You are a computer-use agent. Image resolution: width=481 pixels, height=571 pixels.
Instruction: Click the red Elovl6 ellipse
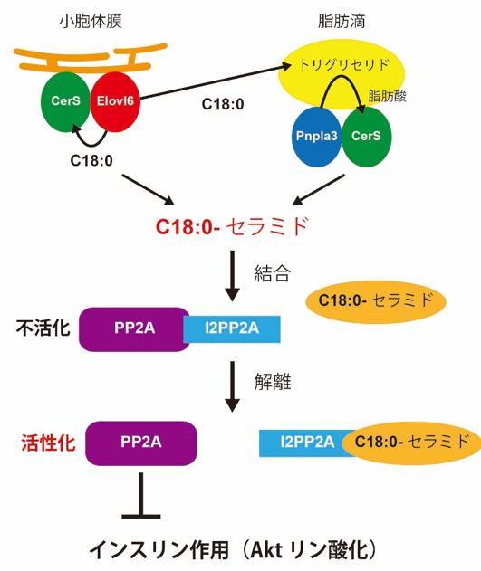pos(115,101)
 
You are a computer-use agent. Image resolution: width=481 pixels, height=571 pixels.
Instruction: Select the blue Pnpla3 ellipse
pos(316,137)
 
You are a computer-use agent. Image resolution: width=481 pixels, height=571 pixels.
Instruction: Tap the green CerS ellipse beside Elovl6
pos(65,101)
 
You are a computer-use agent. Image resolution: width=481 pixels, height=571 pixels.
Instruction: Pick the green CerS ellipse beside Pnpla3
pos(366,137)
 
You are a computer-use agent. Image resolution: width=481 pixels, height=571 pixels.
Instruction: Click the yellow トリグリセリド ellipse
pos(342,72)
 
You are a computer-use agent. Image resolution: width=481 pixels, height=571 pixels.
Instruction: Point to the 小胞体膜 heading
pos(91,22)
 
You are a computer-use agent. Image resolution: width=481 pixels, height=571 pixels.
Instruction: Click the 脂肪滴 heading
pos(342,22)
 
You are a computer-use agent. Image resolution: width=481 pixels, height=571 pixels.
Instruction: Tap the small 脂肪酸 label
pos(388,97)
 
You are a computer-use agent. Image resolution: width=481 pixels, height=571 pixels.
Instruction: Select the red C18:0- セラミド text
pos(232,226)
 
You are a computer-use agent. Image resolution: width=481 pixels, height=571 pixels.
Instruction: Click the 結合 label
pos(272,273)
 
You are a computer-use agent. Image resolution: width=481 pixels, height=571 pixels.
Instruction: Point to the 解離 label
pos(273,382)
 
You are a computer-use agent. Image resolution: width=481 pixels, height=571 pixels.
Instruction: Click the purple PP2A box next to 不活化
pos(134,329)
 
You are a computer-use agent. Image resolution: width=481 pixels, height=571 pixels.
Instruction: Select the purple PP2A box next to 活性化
pos(141,443)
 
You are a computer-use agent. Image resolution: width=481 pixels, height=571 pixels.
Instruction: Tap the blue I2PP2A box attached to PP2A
pos(232,329)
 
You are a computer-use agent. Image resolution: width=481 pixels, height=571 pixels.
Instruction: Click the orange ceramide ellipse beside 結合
pos(376,301)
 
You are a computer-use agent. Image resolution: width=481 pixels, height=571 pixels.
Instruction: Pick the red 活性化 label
pos(48,443)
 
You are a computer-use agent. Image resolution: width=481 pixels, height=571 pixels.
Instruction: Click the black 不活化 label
pos(43,328)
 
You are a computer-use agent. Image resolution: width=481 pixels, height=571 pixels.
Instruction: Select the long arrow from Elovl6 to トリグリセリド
pos(216,82)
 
